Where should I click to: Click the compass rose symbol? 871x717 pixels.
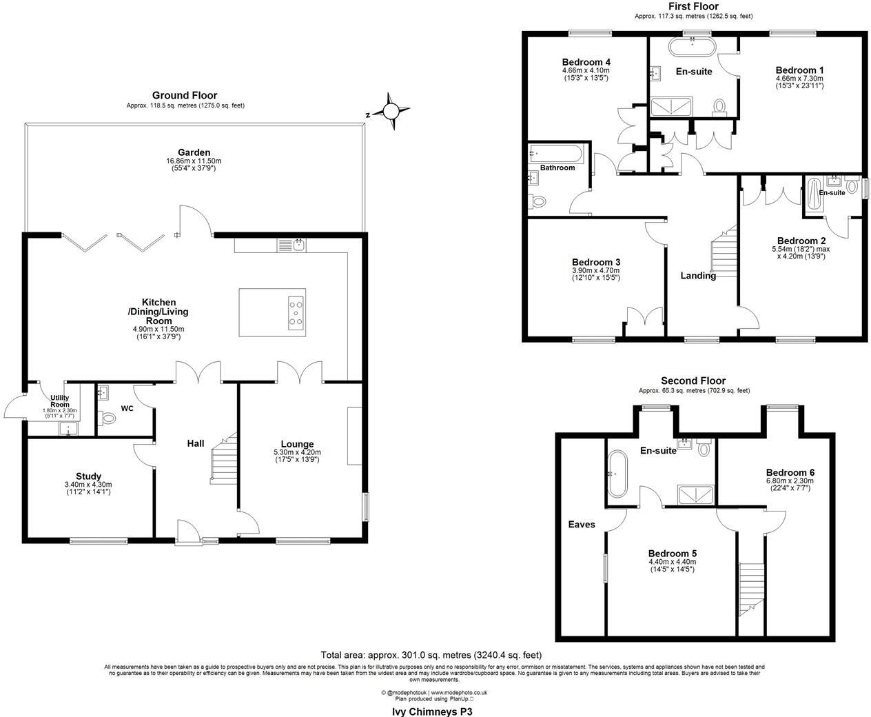click(391, 111)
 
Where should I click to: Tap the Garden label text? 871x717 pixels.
click(194, 152)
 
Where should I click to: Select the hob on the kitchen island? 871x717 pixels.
click(296, 313)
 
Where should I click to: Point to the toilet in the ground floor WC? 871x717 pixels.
click(107, 418)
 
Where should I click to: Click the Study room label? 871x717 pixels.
click(88, 476)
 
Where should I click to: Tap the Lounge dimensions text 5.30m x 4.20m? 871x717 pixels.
click(297, 452)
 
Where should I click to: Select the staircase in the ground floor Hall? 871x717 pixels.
click(223, 458)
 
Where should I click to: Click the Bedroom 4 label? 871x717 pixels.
click(586, 60)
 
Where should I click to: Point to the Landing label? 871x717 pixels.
click(698, 276)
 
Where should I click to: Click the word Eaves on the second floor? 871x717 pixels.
click(581, 525)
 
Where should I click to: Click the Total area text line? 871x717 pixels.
click(431, 655)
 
